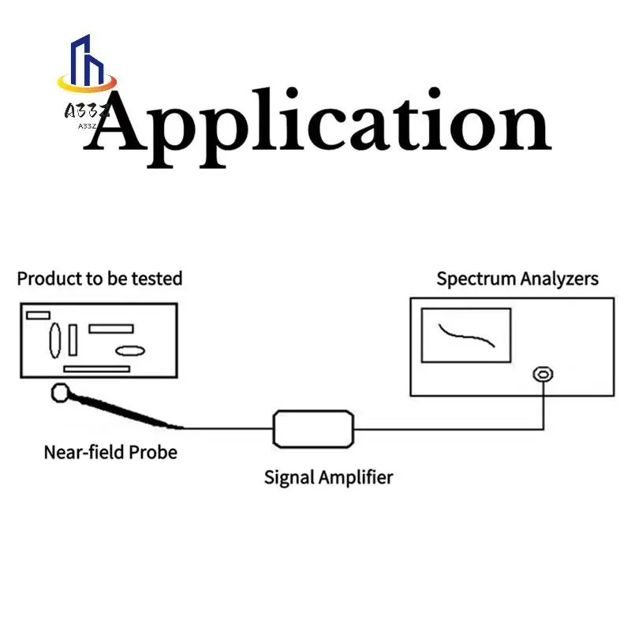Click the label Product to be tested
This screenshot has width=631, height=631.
(x=99, y=278)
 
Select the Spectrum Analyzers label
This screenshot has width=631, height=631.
(x=517, y=278)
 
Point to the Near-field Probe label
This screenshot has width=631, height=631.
(x=110, y=452)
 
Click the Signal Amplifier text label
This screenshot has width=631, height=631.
(x=328, y=476)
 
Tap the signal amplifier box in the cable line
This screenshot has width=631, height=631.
(x=313, y=428)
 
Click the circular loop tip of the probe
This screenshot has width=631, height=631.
(x=60, y=391)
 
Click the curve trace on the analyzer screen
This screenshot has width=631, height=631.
(x=468, y=334)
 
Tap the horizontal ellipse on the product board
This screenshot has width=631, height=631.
(x=130, y=351)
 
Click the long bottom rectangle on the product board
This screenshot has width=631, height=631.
(x=96, y=368)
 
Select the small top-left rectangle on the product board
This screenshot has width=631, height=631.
(x=38, y=315)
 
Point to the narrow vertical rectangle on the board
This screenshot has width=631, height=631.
(x=73, y=340)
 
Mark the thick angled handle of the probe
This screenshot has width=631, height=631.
(x=126, y=411)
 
